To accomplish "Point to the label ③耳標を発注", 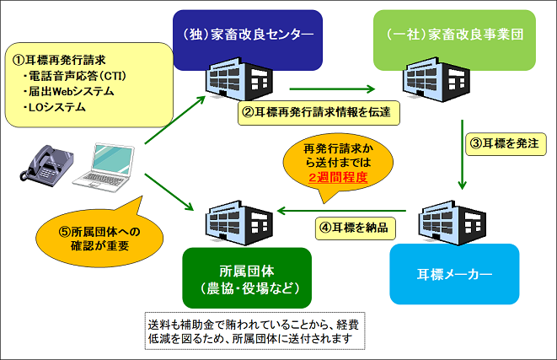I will pos(501,142).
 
